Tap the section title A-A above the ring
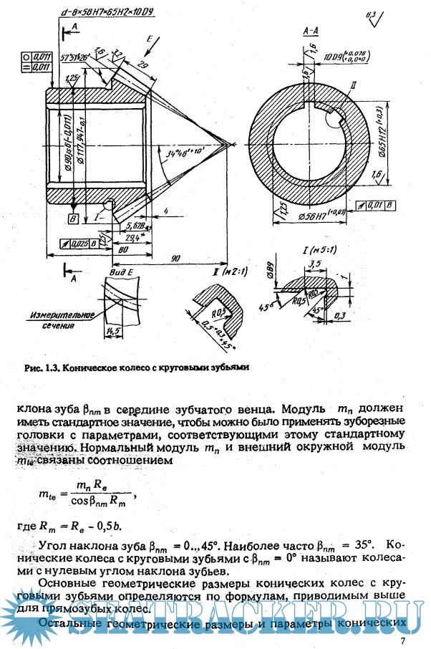click(310, 32)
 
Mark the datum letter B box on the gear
click(73, 217)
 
